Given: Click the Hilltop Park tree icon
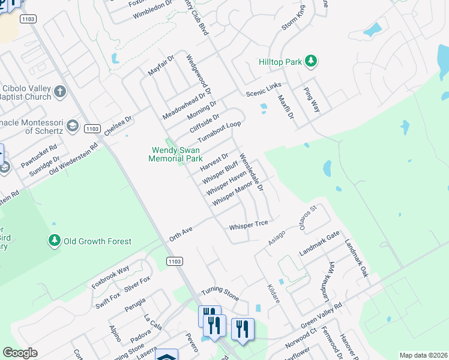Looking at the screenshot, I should [x=311, y=61].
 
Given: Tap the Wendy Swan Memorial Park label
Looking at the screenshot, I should [x=176, y=154].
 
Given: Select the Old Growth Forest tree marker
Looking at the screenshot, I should [x=55, y=241].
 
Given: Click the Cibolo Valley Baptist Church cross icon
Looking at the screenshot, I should [x=59, y=92].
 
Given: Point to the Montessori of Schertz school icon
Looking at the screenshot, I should [x=72, y=125].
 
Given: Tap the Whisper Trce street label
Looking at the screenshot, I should [x=248, y=227].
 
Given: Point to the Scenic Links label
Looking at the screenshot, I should [x=264, y=90].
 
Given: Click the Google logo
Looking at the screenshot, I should [x=20, y=352].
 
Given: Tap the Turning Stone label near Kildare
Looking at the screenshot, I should [x=220, y=294].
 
